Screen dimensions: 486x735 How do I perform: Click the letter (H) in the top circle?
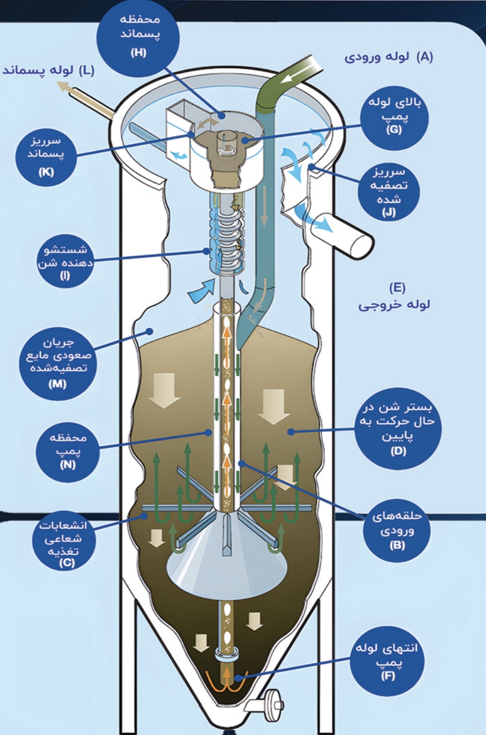[x=138, y=53]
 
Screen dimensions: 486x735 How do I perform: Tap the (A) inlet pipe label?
[x=389, y=57]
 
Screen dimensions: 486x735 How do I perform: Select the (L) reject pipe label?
[x=48, y=70]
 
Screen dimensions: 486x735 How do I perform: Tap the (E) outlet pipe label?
[x=394, y=296]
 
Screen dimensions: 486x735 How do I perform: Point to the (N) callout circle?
[x=67, y=450]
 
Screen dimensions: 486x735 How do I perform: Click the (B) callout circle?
[x=397, y=530]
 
